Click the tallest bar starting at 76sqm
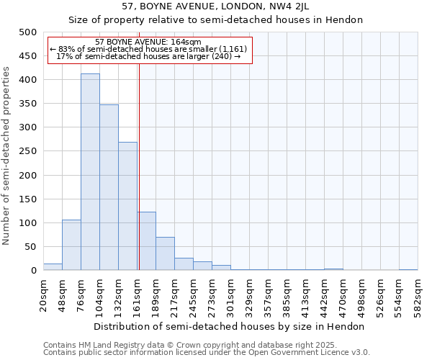[x=90, y=173]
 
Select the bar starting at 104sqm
[x=109, y=187]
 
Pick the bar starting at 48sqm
[x=71, y=245]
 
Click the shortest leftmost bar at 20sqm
[x=53, y=266]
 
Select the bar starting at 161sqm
[x=146, y=241]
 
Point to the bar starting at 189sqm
[x=165, y=253]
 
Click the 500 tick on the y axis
[x=28, y=32]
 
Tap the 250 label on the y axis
[x=28, y=151]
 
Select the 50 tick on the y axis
[x=31, y=247]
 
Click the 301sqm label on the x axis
[x=230, y=295]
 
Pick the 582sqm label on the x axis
[x=418, y=295]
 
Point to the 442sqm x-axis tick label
[x=324, y=295]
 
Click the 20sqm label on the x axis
[x=43, y=295]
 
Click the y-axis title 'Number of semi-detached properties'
[x=6, y=156]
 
